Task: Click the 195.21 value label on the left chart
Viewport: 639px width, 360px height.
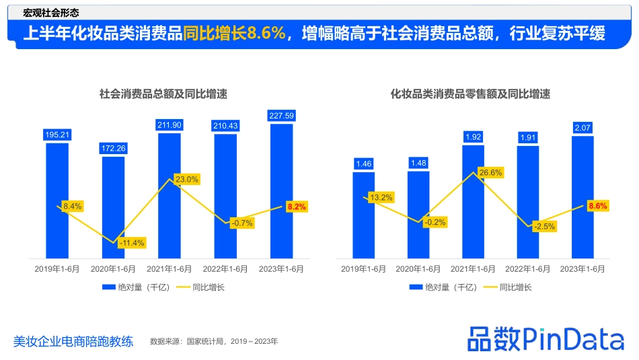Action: pos(57,135)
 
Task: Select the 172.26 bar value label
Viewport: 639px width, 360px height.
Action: pos(113,148)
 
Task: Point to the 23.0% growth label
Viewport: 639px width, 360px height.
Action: pos(186,179)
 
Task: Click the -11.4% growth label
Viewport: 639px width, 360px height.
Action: pos(131,242)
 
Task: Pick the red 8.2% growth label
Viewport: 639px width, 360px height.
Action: pos(296,207)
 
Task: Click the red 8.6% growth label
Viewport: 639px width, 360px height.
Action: pos(597,206)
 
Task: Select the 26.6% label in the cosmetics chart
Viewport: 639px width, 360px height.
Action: pos(491,173)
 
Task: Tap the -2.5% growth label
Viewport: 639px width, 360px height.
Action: pos(544,226)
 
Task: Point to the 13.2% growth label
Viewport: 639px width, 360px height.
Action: pos(381,197)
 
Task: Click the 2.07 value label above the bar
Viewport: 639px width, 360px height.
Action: pos(582,127)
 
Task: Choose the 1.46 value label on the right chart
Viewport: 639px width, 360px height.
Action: pos(363,164)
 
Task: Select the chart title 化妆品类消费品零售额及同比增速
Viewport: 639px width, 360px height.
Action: pos(471,94)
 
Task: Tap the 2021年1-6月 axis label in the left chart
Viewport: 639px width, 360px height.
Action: pos(169,268)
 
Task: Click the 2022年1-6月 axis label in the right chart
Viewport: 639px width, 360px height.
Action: pos(527,268)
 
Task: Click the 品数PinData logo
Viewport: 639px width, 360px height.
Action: pos(546,338)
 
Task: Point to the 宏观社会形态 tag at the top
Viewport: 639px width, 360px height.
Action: pos(50,12)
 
